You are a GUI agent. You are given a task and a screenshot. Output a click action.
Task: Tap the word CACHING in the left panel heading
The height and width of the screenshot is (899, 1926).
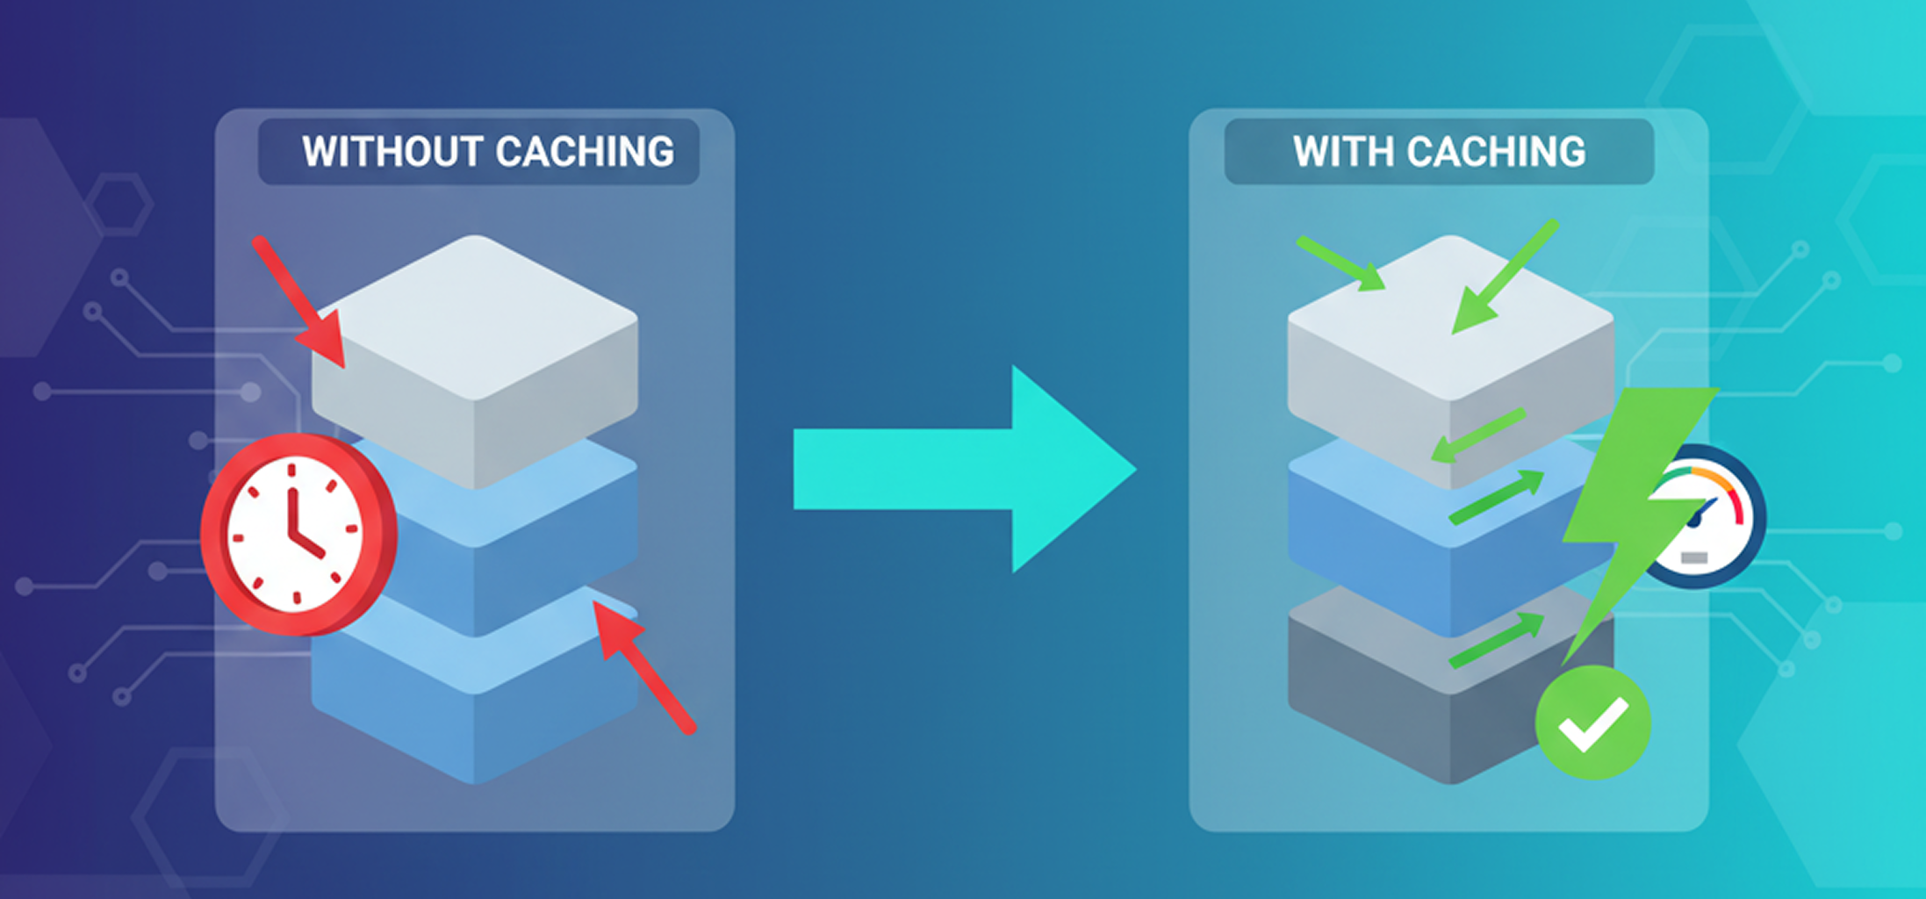585,152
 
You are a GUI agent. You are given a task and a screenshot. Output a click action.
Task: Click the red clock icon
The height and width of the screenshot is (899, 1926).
298,533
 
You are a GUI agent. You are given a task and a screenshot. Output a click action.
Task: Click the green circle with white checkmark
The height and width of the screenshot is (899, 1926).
1592,722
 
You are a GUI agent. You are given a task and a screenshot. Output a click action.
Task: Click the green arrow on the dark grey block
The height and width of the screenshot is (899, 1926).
1498,641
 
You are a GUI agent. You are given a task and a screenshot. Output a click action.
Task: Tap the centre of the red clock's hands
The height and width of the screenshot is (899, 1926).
293,534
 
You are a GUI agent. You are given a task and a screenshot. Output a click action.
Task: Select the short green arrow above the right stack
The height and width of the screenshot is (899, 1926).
1341,263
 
